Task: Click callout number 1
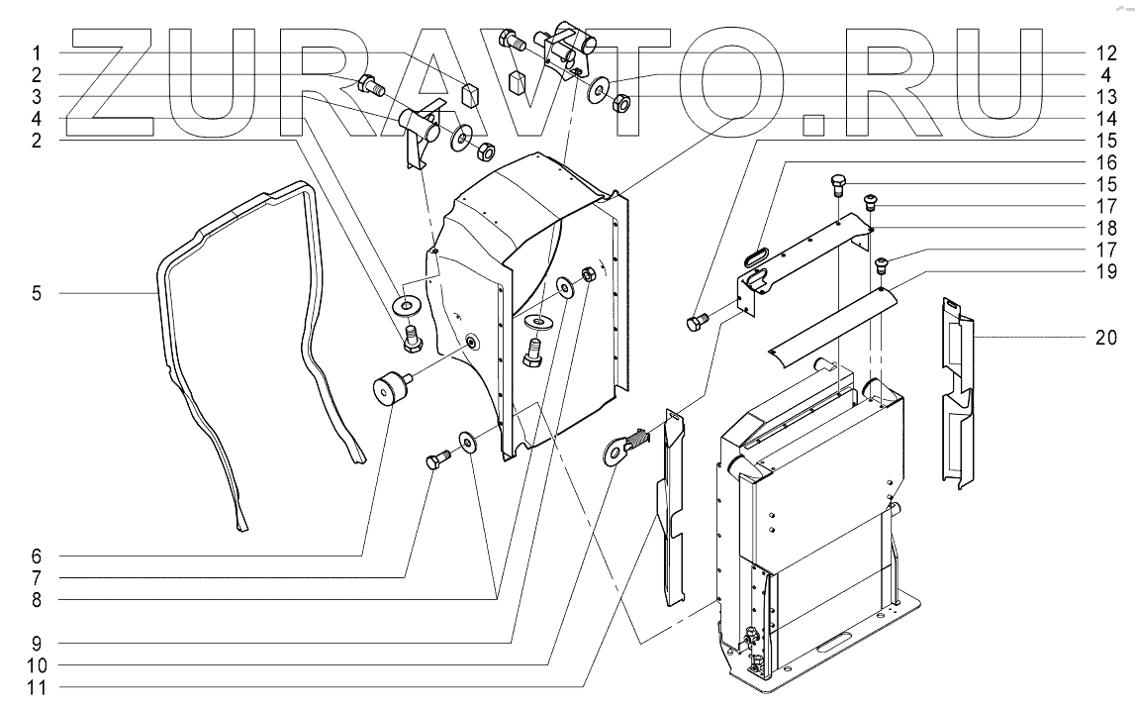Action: [x=37, y=52]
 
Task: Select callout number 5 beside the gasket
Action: [x=37, y=293]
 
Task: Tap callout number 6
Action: [x=37, y=556]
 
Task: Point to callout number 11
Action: [x=37, y=688]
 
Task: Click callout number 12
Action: [x=1106, y=52]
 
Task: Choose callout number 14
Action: [x=1106, y=119]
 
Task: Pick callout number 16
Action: [x=1106, y=162]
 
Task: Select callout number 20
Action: [x=1106, y=338]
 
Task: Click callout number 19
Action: [x=1106, y=271]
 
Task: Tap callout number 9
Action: [x=37, y=644]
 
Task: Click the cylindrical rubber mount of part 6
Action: [x=391, y=387]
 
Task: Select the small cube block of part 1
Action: [x=471, y=93]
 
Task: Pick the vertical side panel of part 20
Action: [x=957, y=392]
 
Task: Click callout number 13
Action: [x=1106, y=96]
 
